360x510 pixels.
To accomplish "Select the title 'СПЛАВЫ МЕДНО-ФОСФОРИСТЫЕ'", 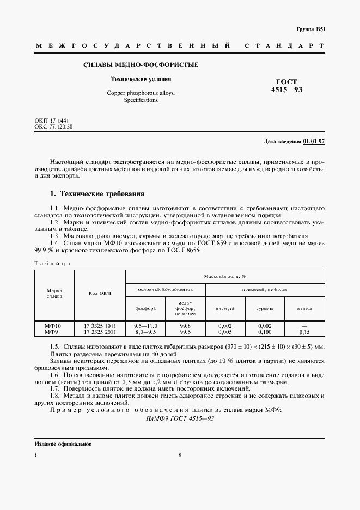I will click(x=140, y=65).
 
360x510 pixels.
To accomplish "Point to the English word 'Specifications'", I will click(x=141, y=100).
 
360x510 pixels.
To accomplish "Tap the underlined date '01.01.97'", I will click(x=314, y=142).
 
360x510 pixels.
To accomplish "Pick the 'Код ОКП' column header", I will click(x=100, y=293).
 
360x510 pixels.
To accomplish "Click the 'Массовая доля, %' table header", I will click(x=225, y=276).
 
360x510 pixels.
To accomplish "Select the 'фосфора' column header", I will click(x=145, y=308).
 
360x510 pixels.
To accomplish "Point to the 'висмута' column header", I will click(x=225, y=308).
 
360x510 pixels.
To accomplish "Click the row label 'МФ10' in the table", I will click(x=53, y=325).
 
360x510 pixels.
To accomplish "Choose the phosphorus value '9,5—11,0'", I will click(x=145, y=325).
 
